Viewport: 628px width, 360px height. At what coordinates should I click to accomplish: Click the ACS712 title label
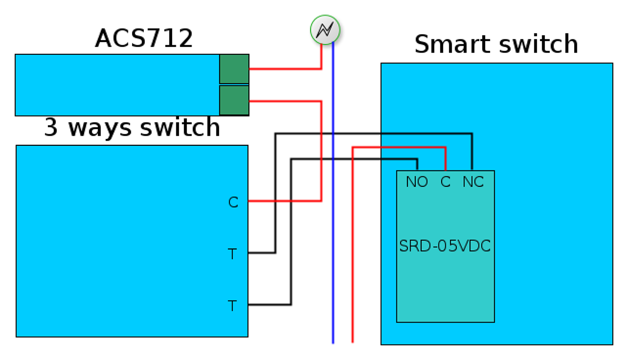144,38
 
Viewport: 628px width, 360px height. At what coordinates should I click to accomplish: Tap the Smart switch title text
496,45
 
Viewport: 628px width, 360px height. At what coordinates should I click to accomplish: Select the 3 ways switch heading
132,127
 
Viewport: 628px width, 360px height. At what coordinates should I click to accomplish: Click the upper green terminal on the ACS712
234,69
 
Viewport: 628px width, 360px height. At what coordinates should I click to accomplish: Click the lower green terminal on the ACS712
234,101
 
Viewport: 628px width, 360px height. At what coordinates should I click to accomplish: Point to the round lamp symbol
325,30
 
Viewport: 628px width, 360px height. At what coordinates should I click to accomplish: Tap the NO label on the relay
417,182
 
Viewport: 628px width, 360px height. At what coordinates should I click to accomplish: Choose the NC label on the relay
473,182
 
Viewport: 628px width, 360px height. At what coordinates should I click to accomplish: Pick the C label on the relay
445,182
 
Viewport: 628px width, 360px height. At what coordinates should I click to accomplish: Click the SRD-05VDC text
445,247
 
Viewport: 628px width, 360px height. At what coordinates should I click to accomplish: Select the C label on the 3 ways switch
233,202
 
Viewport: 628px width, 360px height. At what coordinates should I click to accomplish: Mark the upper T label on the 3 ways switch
232,254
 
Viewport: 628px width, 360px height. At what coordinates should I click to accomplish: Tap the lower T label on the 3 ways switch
232,306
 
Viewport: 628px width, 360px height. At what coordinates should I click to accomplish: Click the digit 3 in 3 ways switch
51,127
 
